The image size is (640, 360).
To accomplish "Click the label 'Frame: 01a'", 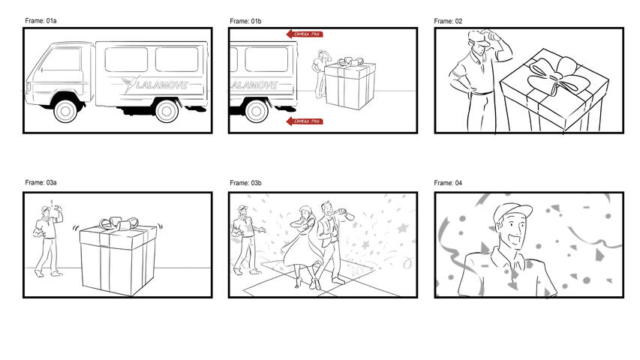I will [41, 21].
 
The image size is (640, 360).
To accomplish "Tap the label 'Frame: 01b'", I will [245, 21].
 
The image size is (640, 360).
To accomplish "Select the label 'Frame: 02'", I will [448, 21].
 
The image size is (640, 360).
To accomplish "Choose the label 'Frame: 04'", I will [448, 182].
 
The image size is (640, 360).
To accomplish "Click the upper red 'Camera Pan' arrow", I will [305, 34].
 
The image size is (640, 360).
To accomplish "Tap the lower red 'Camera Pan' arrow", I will [305, 121].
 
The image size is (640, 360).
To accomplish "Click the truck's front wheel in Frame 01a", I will [66, 111].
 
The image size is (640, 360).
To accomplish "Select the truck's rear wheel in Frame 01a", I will [166, 111].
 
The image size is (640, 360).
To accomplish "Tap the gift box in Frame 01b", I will [350, 86].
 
